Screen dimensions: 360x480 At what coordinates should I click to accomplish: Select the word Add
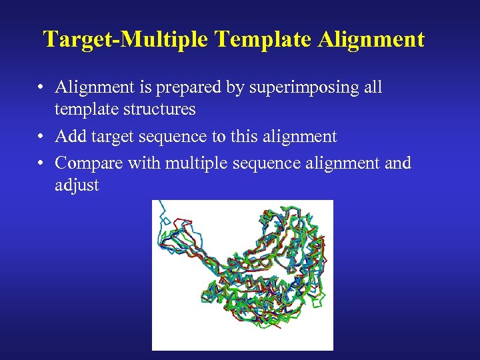click(70, 137)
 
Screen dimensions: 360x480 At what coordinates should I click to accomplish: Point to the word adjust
click(77, 185)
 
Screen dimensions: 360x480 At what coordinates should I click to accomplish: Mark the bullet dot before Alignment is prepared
click(41, 88)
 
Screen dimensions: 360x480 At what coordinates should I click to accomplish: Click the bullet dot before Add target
click(41, 137)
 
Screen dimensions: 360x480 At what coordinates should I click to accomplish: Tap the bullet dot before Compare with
click(41, 163)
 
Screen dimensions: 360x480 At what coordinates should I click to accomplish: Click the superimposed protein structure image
click(243, 275)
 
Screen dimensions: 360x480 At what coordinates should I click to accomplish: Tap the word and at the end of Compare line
click(398, 163)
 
